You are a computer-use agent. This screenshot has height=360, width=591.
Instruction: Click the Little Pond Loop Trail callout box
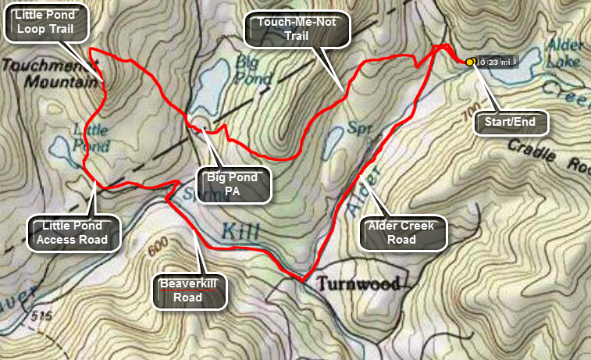click(46, 23)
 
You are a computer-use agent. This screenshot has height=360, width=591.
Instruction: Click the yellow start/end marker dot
click(470, 62)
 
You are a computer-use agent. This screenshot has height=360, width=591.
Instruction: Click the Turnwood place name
click(359, 283)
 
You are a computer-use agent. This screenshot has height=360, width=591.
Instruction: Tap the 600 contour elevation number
click(157, 248)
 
